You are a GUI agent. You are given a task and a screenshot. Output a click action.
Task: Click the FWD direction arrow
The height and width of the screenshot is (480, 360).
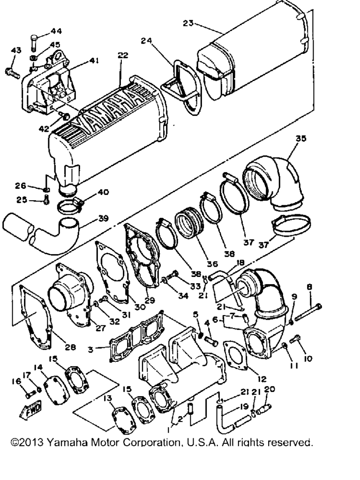30,410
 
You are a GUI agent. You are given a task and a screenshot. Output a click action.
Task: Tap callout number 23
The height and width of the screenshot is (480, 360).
188,23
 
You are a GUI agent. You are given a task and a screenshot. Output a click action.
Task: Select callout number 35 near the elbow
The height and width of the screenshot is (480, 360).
300,138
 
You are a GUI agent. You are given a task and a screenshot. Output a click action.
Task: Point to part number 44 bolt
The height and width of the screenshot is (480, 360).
34,42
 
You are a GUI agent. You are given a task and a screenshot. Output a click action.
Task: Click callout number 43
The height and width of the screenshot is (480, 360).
16,50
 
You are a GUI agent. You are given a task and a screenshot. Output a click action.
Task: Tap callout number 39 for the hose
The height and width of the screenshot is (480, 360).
104,218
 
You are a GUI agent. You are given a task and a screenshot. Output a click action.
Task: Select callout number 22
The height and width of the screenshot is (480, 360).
123,55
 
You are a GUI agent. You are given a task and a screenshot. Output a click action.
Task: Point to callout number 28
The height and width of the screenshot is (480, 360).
70,347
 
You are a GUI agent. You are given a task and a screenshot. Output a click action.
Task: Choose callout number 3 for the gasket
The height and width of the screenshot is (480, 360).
90,349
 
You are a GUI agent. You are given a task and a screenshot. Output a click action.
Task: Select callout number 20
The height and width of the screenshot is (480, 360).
270,389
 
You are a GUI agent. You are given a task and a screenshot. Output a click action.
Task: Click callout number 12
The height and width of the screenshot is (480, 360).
262,379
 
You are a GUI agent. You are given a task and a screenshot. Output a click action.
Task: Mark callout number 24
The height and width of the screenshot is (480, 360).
147,40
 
